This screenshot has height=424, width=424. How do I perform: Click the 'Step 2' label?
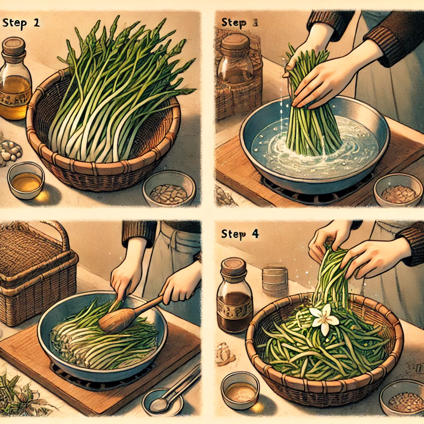pyautogui.click(x=21, y=23)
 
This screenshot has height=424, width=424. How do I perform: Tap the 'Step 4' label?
pyautogui.click(x=240, y=234)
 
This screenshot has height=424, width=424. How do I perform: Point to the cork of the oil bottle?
pyautogui.click(x=14, y=46)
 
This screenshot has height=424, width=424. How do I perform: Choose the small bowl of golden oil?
pyautogui.click(x=26, y=181)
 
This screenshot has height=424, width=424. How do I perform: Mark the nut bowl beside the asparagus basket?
pyautogui.click(x=169, y=188)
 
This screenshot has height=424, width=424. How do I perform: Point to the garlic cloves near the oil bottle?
pyautogui.click(x=10, y=152)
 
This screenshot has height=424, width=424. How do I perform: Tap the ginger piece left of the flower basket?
pyautogui.click(x=225, y=354)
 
